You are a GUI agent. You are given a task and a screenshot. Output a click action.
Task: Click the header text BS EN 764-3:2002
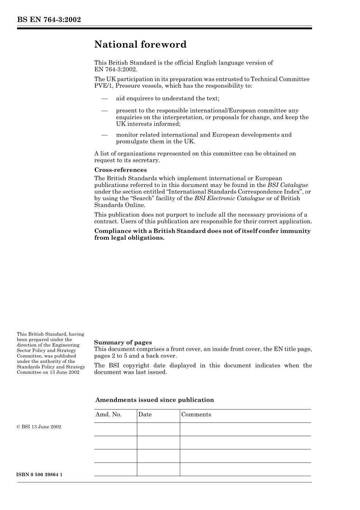(x=49, y=20)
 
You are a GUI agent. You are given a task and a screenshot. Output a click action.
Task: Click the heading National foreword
(x=140, y=45)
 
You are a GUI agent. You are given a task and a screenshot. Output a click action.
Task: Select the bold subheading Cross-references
(x=121, y=170)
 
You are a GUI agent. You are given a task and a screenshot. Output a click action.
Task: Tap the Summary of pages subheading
(x=123, y=342)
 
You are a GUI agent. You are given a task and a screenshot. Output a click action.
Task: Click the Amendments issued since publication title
(x=155, y=400)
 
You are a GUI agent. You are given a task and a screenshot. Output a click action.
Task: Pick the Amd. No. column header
(x=108, y=414)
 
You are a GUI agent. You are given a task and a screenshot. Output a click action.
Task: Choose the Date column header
(x=145, y=414)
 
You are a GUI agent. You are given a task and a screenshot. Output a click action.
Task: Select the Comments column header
(x=196, y=414)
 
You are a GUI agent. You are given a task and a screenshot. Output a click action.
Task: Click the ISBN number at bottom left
(x=39, y=475)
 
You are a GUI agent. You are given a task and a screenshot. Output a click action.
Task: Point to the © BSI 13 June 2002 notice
(x=39, y=427)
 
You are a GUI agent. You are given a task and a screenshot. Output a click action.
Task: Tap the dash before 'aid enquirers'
(x=104, y=99)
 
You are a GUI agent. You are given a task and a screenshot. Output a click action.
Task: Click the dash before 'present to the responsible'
(x=104, y=111)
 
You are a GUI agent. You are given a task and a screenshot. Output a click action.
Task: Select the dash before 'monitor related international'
(x=104, y=135)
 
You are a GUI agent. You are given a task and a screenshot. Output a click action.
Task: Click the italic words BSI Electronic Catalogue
(x=229, y=198)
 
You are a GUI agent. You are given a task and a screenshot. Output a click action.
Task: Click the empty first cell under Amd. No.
(x=115, y=429)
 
